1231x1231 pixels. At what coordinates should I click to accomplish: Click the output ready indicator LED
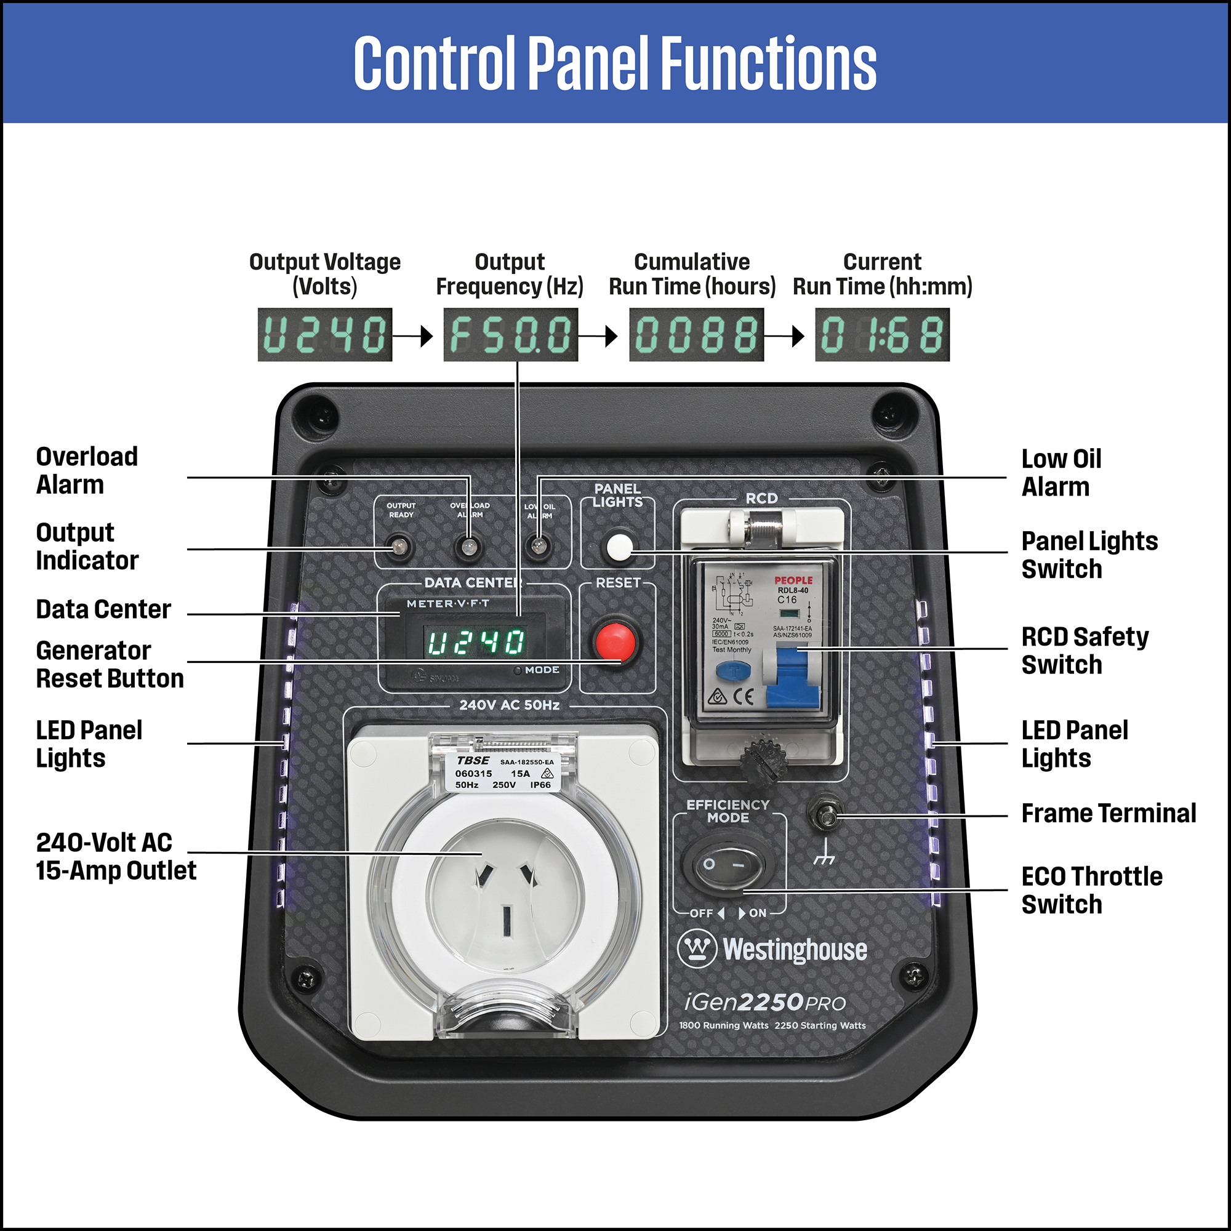(399, 547)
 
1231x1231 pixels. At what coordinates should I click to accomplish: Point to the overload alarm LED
(468, 547)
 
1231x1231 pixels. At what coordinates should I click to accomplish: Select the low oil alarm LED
(539, 547)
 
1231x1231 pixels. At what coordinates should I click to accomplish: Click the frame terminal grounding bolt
(827, 815)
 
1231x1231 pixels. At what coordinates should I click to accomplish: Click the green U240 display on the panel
(475, 642)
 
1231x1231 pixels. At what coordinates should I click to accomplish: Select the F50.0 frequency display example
(510, 334)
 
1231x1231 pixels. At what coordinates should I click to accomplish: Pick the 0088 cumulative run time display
(696, 334)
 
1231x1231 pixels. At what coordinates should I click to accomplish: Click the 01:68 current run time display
(883, 334)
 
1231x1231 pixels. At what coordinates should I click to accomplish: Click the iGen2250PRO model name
(764, 1002)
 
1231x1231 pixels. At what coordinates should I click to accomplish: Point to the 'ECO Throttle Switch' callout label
(1091, 890)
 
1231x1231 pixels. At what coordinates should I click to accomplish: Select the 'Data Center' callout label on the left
(103, 609)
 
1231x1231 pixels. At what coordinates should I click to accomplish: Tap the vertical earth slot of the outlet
(507, 921)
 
